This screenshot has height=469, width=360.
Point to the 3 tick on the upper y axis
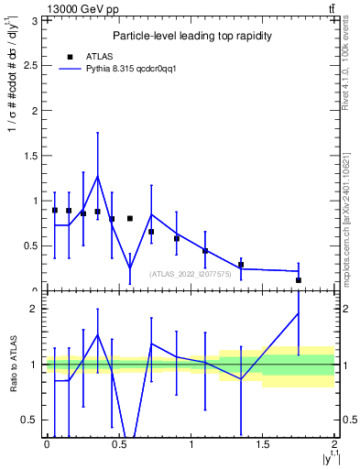(37, 20)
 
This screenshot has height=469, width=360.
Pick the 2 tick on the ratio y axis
(37, 309)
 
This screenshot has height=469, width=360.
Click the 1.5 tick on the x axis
(263, 444)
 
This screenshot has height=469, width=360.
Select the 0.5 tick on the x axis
(119, 444)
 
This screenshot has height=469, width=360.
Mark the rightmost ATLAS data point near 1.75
(299, 280)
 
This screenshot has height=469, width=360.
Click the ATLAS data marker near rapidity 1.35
(241, 265)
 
